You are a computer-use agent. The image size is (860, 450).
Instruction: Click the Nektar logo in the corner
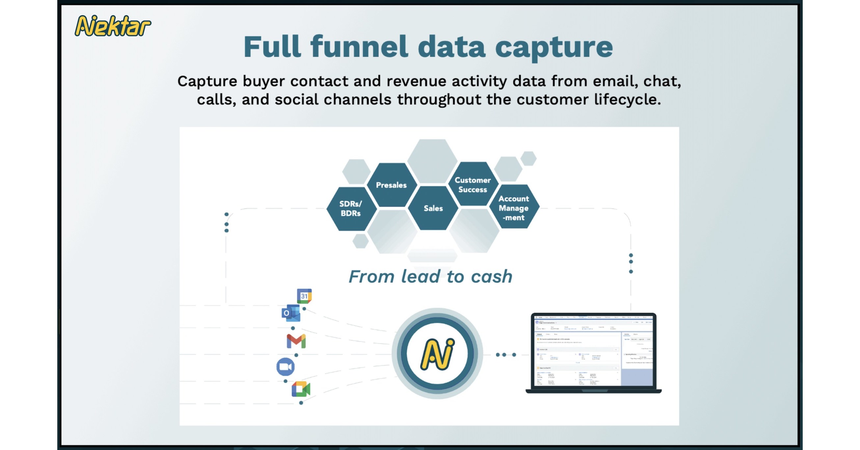pyautogui.click(x=113, y=26)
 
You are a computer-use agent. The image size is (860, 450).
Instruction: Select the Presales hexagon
pyautogui.click(x=391, y=185)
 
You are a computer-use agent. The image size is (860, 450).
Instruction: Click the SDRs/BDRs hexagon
pyautogui.click(x=351, y=209)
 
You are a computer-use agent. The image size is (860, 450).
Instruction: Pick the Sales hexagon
pyautogui.click(x=433, y=209)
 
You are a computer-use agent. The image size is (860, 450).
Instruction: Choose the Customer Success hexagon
pyautogui.click(x=472, y=185)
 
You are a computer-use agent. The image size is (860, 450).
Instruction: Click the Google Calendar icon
pyautogui.click(x=304, y=296)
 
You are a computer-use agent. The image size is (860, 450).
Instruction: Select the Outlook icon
pyautogui.click(x=290, y=313)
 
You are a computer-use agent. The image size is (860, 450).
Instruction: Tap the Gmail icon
pyautogui.click(x=296, y=341)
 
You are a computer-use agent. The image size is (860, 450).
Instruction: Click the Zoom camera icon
pyautogui.click(x=285, y=366)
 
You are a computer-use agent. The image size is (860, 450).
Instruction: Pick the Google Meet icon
pyautogui.click(x=301, y=389)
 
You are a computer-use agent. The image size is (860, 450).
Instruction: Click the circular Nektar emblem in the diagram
pyautogui.click(x=437, y=354)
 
